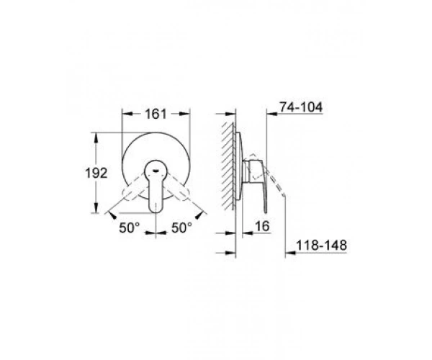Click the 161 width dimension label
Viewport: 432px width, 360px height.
point(156,114)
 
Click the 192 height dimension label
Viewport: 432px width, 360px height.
point(96,174)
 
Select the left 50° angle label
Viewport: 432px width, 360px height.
point(130,228)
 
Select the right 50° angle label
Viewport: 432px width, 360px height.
point(182,228)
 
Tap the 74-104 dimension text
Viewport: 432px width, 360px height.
point(301,107)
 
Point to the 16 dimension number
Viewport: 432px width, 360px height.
point(262,226)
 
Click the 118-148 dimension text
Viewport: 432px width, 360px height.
point(321,245)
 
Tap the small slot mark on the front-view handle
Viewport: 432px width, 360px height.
point(156,171)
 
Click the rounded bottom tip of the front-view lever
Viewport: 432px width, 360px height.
point(156,211)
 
